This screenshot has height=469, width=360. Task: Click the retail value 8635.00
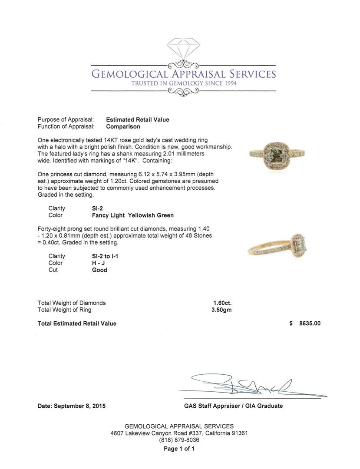coord(310,324)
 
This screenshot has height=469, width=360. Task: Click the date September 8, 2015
coord(72,406)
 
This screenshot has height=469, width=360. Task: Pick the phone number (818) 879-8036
coord(179,440)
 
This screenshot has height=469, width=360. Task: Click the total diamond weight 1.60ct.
coord(222,303)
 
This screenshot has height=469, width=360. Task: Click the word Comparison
coord(123,127)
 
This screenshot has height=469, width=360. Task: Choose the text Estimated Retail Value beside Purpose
coord(138,120)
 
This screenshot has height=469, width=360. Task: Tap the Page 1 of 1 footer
coord(179,449)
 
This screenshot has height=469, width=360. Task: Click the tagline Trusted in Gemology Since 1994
coord(184,83)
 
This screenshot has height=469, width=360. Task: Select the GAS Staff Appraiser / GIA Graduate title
coord(233,406)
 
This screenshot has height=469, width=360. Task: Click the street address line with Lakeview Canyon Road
coord(179,433)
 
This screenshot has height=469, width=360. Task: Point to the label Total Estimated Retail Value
coord(77,324)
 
